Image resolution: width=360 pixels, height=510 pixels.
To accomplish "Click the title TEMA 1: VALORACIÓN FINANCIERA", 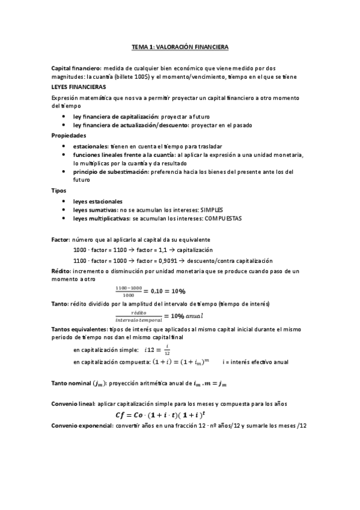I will tap(180, 46).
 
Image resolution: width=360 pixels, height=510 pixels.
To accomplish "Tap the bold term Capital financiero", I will tap(76, 69).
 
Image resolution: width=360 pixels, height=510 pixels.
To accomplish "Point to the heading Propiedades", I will tap(69, 135).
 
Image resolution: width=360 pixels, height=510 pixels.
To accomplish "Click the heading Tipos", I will tap(59, 190).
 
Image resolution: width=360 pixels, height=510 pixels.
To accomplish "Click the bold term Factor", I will tap(60, 239).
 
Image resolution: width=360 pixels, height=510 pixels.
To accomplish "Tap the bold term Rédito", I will tap(61, 272).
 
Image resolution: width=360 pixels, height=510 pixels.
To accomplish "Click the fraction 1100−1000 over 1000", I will tap(129, 291).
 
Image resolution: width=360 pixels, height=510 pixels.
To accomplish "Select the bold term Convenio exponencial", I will tap(82, 426).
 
